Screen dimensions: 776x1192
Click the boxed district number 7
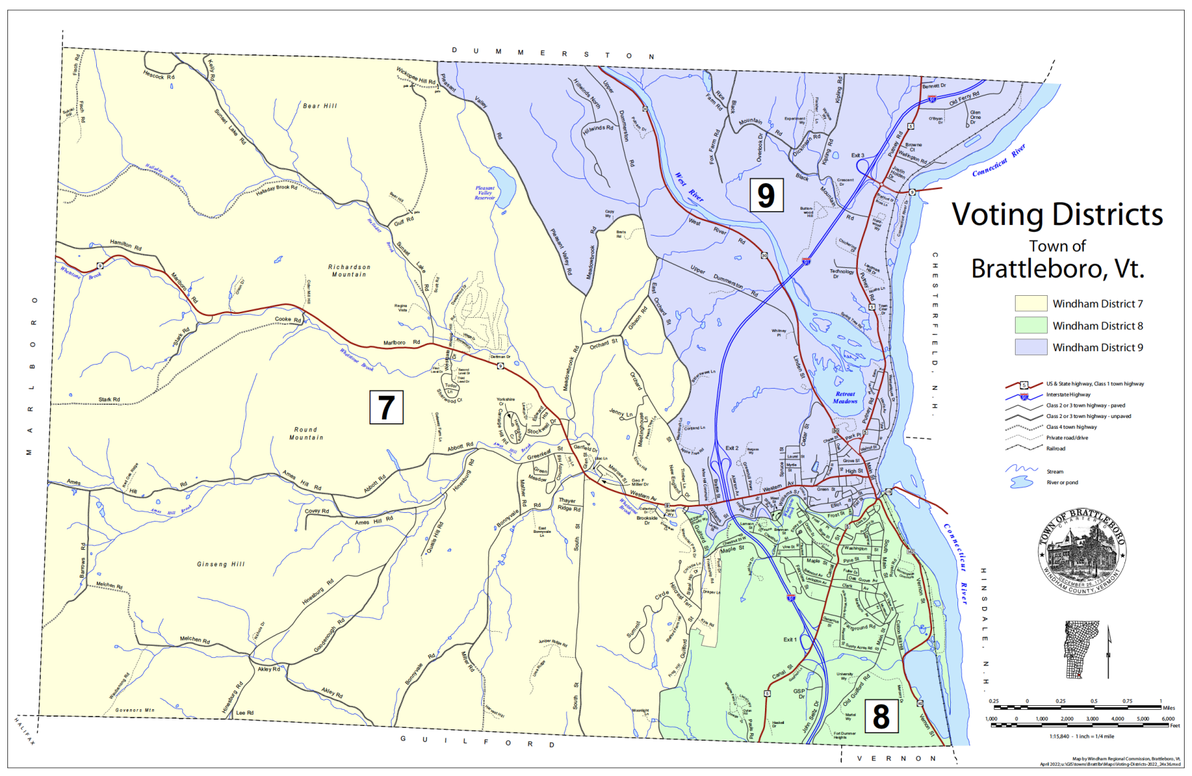pos(386,407)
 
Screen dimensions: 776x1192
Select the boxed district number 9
pos(766,195)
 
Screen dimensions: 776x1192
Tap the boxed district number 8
pos(881,717)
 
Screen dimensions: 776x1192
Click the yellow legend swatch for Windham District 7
pos(1030,304)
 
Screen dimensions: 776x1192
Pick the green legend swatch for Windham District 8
pos(1030,326)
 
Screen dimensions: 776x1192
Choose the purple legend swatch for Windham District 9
pos(1030,347)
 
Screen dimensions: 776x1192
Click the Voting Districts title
pos(1057,215)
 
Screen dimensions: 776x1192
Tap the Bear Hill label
pos(320,106)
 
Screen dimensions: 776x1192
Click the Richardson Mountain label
pos(349,270)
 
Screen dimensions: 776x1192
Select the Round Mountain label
pos(306,433)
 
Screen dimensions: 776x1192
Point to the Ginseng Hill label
pos(220,564)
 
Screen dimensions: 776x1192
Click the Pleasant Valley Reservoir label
pos(485,193)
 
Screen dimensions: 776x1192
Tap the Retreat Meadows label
pos(845,397)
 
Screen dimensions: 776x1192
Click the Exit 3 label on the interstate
pos(857,156)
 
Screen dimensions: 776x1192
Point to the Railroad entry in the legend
pos(1056,449)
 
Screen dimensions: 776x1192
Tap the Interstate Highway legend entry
pos(1068,395)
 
